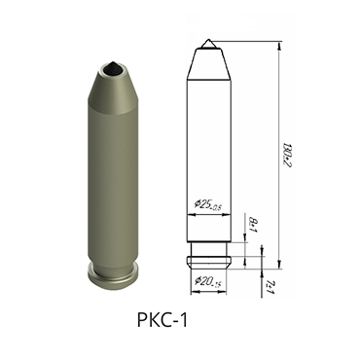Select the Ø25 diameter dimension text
click(207, 204)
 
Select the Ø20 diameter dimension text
click(206, 282)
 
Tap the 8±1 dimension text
click(253, 227)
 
